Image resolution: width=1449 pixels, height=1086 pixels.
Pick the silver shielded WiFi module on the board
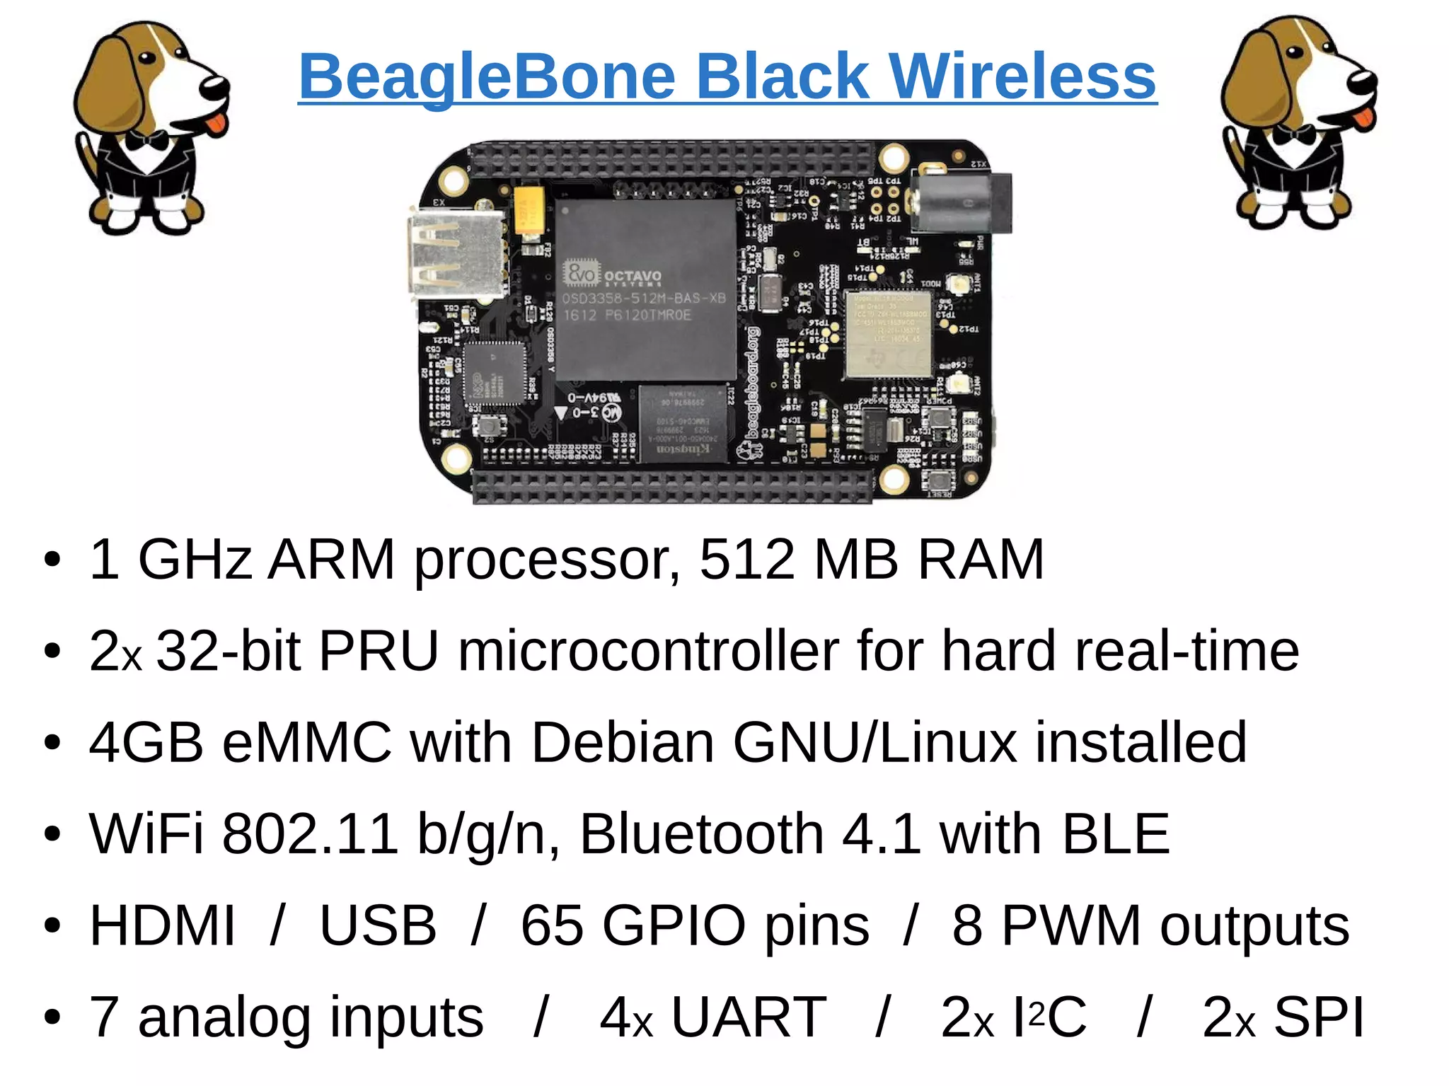(889, 333)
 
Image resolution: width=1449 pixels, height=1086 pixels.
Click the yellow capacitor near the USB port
(529, 209)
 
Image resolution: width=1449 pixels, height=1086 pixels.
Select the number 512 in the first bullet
(746, 560)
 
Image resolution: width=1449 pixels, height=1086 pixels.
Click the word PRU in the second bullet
(379, 651)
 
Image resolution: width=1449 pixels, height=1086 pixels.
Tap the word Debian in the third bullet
(623, 742)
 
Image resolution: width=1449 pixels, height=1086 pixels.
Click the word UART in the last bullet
(749, 1017)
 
